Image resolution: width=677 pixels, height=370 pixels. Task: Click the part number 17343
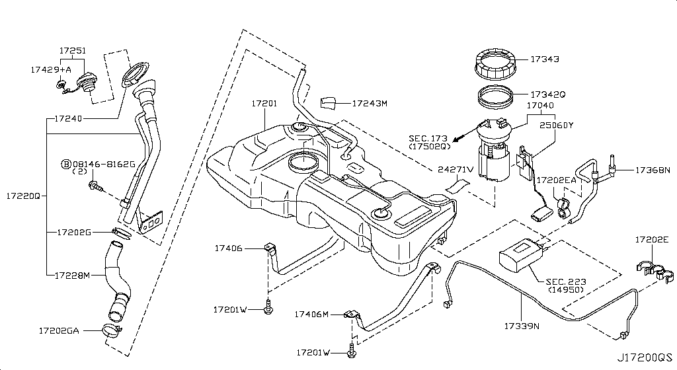(x=544, y=59)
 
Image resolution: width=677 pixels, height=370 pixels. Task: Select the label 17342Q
(x=547, y=94)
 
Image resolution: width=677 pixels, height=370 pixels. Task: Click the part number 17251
(x=72, y=50)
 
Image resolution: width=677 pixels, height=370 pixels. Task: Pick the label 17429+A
(x=51, y=68)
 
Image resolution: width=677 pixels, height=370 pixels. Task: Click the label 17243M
(x=369, y=103)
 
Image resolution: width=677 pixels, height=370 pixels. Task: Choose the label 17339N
(x=522, y=326)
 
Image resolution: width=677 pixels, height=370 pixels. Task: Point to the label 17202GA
(x=59, y=330)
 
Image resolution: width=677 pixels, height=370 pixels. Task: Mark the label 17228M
(x=73, y=274)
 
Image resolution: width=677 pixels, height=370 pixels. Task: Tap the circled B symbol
(x=66, y=163)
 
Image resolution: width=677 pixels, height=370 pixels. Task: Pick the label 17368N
(x=653, y=170)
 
